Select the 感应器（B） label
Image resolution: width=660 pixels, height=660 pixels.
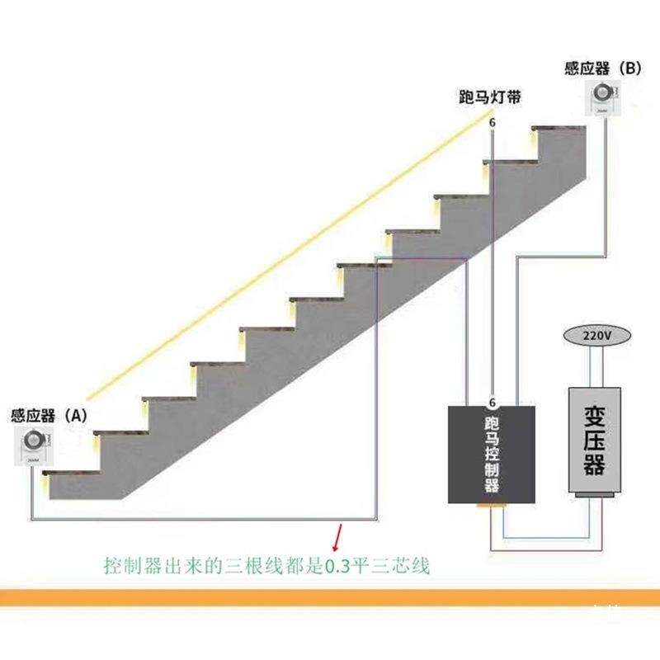click(603, 68)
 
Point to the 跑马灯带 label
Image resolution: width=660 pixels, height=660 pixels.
click(490, 97)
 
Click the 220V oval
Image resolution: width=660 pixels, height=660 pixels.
click(596, 336)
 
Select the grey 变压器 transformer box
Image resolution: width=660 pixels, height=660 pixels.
click(595, 441)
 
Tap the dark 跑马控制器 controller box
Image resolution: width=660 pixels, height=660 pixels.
click(493, 454)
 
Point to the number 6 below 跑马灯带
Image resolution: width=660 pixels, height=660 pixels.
click(493, 123)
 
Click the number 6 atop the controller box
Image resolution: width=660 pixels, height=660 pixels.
click(493, 403)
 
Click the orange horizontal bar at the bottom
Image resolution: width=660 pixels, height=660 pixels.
click(330, 597)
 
